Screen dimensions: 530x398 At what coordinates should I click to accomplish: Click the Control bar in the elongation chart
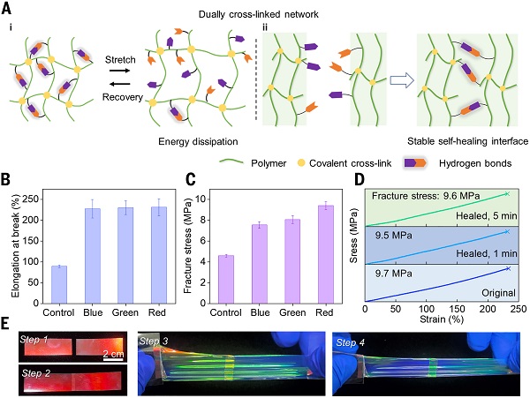59,284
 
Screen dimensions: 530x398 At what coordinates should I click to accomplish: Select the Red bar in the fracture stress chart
326,254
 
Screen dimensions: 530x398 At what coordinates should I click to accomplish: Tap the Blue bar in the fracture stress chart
260,264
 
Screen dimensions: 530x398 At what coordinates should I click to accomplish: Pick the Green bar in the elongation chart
125,255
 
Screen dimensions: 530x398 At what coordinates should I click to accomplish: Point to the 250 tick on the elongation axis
31,199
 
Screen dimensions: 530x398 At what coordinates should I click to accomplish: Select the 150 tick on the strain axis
457,309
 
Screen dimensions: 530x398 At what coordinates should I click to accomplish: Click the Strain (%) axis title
442,319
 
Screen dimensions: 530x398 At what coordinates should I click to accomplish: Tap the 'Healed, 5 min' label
487,215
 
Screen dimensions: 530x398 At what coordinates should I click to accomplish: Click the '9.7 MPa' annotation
393,273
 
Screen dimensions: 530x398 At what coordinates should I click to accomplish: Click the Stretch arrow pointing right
119,71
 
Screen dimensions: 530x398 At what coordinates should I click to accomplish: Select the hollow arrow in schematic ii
402,80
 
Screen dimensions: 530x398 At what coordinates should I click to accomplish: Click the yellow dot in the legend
300,163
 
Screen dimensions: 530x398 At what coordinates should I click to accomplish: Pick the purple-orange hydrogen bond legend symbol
415,163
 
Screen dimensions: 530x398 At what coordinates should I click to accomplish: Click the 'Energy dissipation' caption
198,141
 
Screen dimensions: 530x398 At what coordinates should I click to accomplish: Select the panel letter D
360,179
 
